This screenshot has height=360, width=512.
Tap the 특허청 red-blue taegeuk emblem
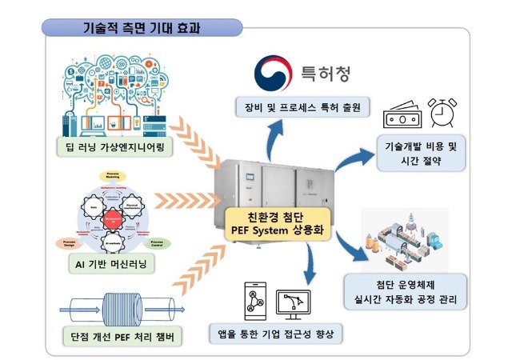(x=272, y=72)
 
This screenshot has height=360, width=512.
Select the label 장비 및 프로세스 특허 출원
(x=300, y=107)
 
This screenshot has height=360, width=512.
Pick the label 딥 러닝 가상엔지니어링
(x=120, y=146)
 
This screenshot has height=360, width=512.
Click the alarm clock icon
(x=442, y=115)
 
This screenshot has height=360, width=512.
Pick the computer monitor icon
(x=293, y=302)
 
